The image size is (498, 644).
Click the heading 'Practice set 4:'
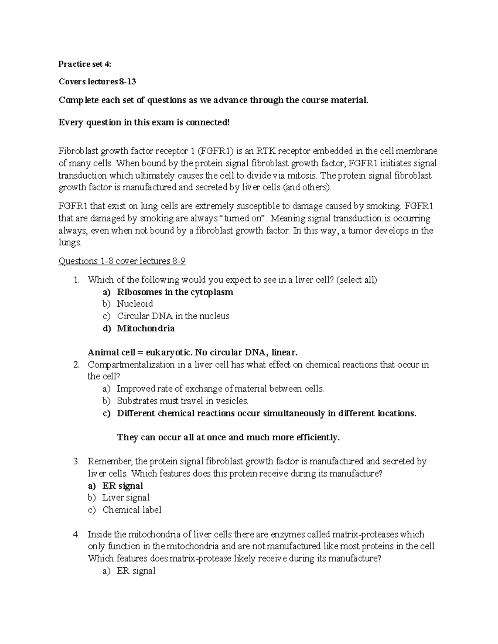click(x=85, y=64)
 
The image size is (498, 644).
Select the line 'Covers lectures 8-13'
click(x=97, y=82)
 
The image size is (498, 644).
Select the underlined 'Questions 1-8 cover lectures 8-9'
click(x=122, y=261)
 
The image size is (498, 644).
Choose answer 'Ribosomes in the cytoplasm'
click(x=175, y=292)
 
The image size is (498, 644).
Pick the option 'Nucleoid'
click(x=135, y=304)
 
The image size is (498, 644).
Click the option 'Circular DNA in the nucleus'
click(x=173, y=316)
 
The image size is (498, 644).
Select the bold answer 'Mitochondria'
click(x=146, y=328)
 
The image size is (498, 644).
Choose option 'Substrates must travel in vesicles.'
click(x=183, y=401)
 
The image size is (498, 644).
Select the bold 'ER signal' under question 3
click(x=122, y=486)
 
